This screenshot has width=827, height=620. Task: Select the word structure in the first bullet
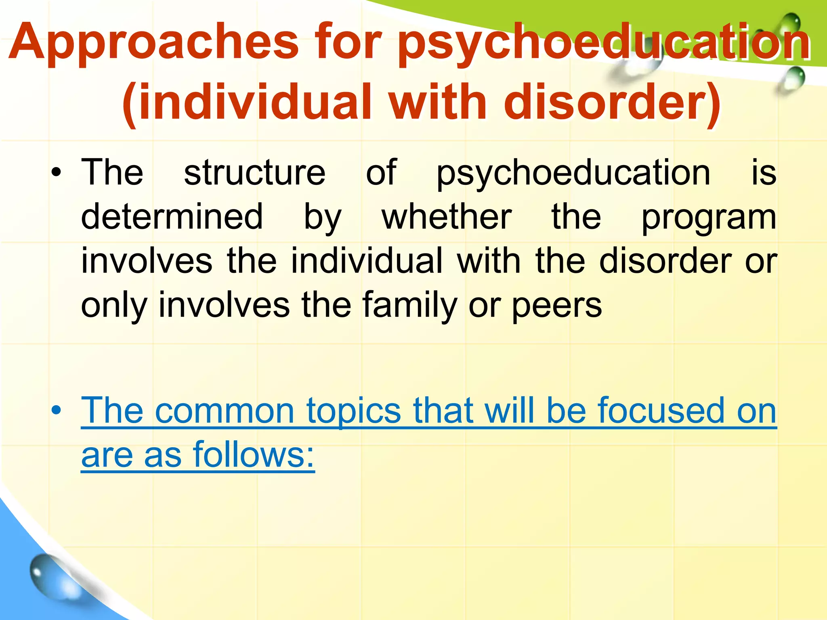pyautogui.click(x=254, y=173)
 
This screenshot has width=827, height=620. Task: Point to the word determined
pyautogui.click(x=172, y=217)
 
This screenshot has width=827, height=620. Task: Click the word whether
pyautogui.click(x=447, y=217)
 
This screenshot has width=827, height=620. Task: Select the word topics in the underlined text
pyautogui.click(x=353, y=411)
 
